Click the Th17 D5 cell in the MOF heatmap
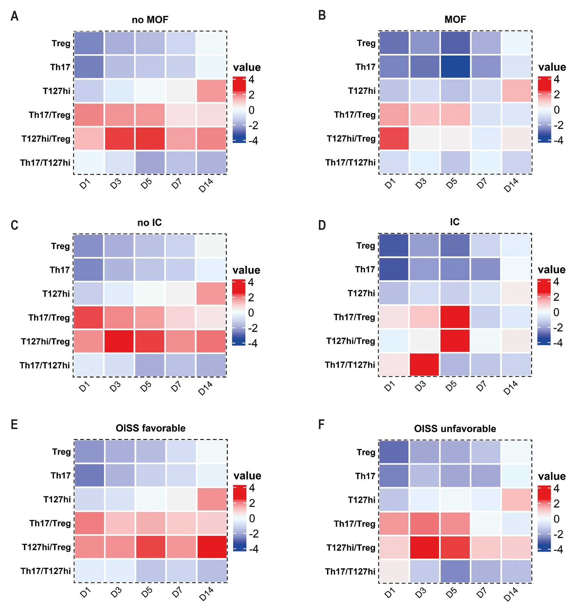tap(455, 67)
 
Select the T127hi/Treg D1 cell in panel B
tap(394, 139)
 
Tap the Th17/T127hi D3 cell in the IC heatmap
tap(424, 365)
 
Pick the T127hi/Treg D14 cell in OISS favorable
tap(212, 547)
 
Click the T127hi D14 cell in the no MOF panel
tap(212, 91)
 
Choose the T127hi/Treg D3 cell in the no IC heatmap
tap(119, 341)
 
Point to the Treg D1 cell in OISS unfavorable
tap(394, 452)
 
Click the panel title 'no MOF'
tap(150, 20)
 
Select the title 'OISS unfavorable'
tap(455, 429)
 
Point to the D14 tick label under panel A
tap(206, 185)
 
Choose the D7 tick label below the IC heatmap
tap(482, 386)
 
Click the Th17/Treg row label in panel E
tap(50, 523)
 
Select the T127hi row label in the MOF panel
tap(362, 91)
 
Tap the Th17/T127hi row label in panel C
tap(45, 365)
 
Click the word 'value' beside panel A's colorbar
tap(247, 67)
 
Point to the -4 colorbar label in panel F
tap(558, 549)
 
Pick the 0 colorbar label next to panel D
tap(556, 312)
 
